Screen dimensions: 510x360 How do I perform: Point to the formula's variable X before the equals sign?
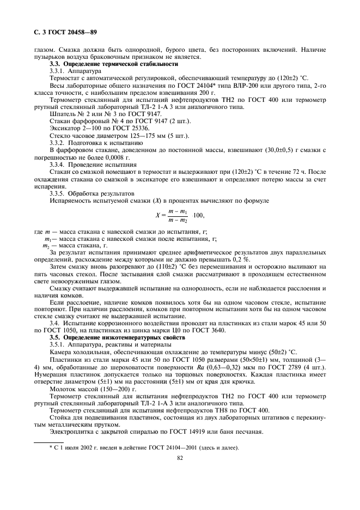click(157, 215)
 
